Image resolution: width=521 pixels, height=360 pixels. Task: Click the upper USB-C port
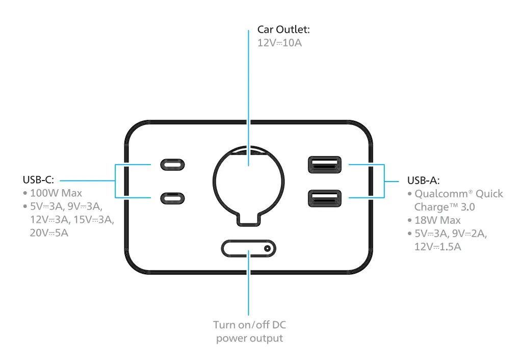pyautogui.click(x=173, y=165)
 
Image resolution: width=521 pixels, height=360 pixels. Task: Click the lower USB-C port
pyautogui.click(x=173, y=197)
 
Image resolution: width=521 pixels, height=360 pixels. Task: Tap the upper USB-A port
pyautogui.click(x=323, y=165)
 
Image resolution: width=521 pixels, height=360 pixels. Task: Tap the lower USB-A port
pyautogui.click(x=323, y=197)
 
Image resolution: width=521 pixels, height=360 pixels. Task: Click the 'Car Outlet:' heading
pyautogui.click(x=283, y=30)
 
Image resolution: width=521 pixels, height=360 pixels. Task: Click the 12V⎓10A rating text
pyautogui.click(x=279, y=43)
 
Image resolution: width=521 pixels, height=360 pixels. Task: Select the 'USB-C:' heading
pyautogui.click(x=38, y=180)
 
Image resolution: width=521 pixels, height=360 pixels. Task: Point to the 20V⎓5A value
pyautogui.click(x=49, y=233)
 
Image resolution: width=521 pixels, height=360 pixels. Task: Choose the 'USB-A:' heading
pyautogui.click(x=423, y=181)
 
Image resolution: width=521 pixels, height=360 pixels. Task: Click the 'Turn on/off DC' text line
pyautogui.click(x=249, y=325)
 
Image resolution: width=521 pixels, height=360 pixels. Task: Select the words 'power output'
pyautogui.click(x=249, y=338)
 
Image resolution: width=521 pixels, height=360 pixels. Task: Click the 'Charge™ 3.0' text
pyautogui.click(x=445, y=207)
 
